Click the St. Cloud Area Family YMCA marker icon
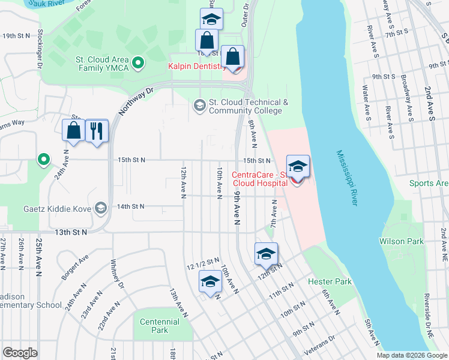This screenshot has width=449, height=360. pyautogui.click(x=137, y=62)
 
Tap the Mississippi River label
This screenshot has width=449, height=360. pyautogui.click(x=347, y=178)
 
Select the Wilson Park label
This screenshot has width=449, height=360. pyautogui.click(x=401, y=241)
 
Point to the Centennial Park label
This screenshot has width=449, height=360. pyautogui.click(x=160, y=326)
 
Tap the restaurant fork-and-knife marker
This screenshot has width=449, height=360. pyautogui.click(x=97, y=130)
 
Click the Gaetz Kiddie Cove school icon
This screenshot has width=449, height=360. pyautogui.click(x=101, y=207)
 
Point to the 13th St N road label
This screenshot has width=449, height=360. pyautogui.click(x=70, y=232)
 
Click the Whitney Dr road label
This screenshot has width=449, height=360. pyautogui.click(x=118, y=274)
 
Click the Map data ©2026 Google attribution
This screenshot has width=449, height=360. pyautogui.click(x=412, y=355)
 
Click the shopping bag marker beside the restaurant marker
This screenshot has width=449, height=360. pyautogui.click(x=74, y=130)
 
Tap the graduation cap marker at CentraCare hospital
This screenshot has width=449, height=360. pyautogui.click(x=298, y=166)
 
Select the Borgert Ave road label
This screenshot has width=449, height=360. pyautogui.click(x=74, y=266)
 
